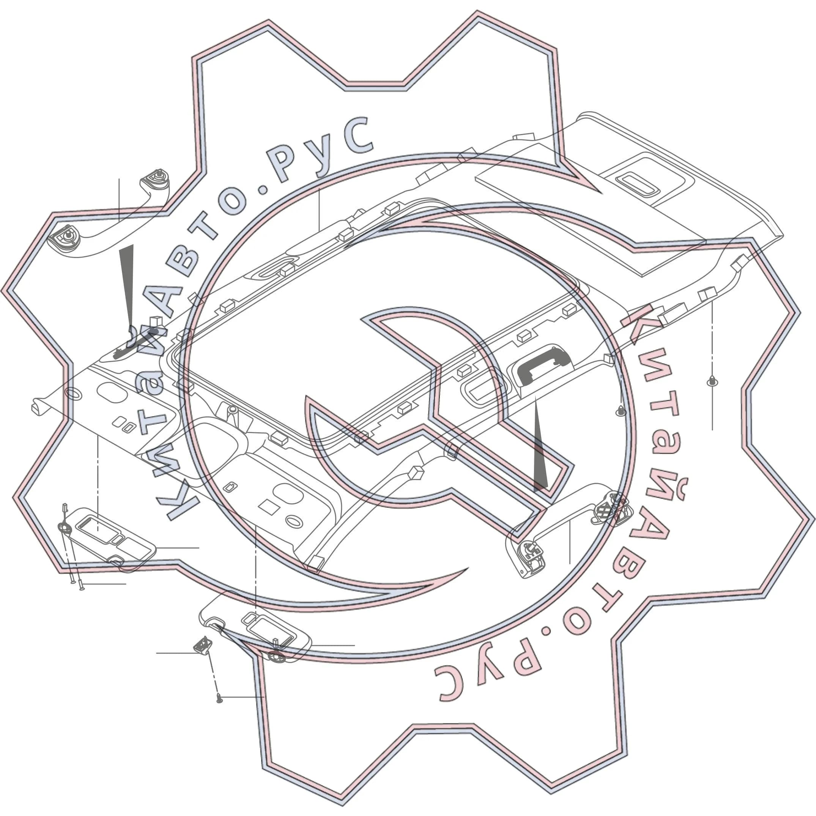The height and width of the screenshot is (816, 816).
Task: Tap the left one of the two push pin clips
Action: pyautogui.click(x=621, y=410)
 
